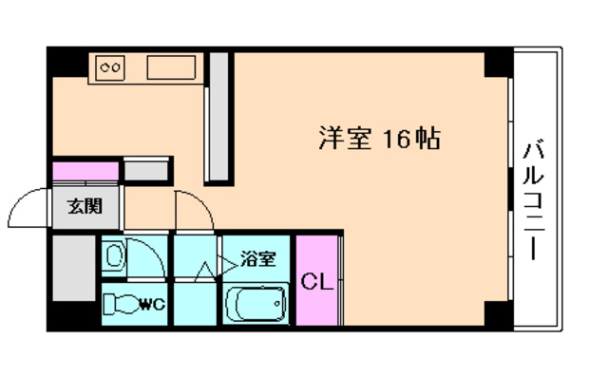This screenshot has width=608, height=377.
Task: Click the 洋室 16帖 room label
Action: (x=377, y=140)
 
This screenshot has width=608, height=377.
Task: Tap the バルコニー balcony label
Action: (x=532, y=201)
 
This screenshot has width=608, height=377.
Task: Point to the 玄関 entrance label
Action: (x=81, y=203)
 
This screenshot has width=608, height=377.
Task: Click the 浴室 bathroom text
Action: (x=258, y=257)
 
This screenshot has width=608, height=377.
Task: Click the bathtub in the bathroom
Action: (x=256, y=306)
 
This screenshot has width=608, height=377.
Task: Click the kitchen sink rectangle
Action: (x=171, y=68)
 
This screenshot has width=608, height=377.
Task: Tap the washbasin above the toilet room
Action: (x=114, y=255)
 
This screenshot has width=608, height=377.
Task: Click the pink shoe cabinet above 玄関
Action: (x=85, y=171)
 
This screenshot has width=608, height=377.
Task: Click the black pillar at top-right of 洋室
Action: (x=497, y=63)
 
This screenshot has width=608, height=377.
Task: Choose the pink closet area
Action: (x=316, y=281)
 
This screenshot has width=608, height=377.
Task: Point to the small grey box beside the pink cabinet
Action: (x=146, y=170)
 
